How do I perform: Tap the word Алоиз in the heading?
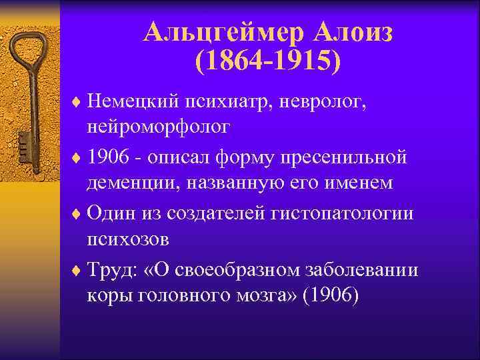click(x=353, y=31)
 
